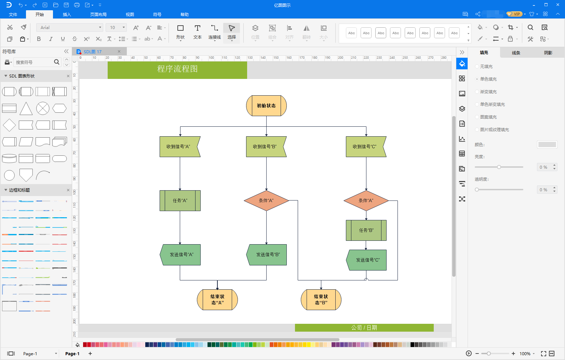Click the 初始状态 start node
266,106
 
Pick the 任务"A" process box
180,201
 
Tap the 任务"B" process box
366,231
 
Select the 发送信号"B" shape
267,255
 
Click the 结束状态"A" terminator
217,300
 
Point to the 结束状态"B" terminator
321,300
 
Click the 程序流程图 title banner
177,69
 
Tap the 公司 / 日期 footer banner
364,328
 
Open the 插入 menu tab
67,15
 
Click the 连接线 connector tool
215,32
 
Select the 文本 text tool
198,32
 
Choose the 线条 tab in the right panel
516,53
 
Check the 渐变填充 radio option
477,92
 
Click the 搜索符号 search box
33,62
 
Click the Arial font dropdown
69,28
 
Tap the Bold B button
39,39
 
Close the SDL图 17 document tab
119,52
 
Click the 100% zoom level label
525,354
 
